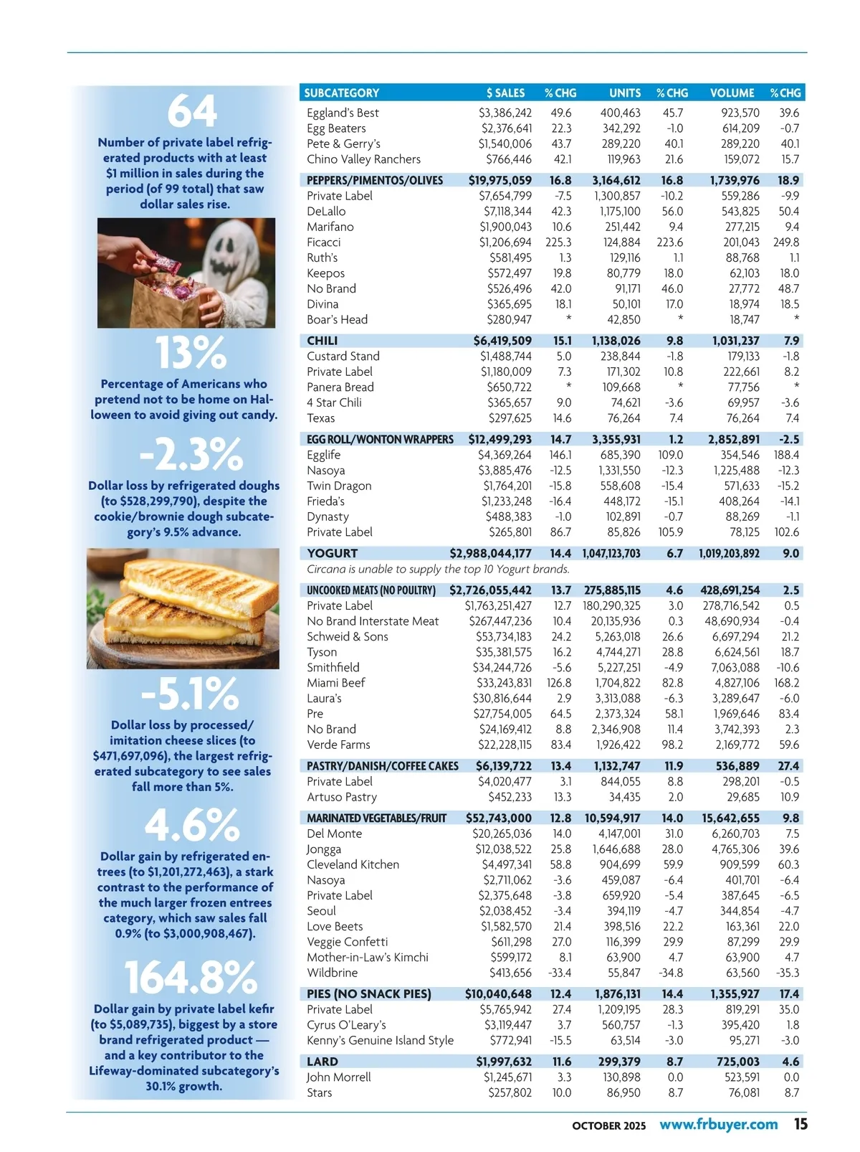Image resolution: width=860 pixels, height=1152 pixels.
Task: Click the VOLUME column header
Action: (732, 93)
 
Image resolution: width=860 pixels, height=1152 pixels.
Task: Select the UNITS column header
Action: (625, 93)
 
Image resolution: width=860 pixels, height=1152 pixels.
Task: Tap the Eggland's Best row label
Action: (343, 113)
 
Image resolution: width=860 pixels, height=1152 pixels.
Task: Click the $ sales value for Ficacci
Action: (505, 242)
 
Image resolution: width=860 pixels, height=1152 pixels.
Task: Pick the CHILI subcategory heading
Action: (322, 341)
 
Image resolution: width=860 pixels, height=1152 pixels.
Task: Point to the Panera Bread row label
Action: (340, 387)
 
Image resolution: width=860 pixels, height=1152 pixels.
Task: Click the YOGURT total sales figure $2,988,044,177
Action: (490, 553)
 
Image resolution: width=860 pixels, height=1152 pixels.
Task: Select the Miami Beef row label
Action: (335, 683)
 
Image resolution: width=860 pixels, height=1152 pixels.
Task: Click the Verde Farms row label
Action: (338, 745)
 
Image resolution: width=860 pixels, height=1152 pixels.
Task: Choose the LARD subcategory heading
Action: (322, 1062)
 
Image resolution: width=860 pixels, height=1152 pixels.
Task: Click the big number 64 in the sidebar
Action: (191, 111)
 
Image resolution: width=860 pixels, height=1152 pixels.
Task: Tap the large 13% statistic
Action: (191, 353)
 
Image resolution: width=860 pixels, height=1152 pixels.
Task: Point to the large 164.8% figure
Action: (191, 977)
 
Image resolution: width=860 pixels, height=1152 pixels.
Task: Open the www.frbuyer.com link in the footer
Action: (718, 1124)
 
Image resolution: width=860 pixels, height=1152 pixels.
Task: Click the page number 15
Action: (800, 1124)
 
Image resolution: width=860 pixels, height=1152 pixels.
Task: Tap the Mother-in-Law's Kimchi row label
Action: (368, 958)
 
